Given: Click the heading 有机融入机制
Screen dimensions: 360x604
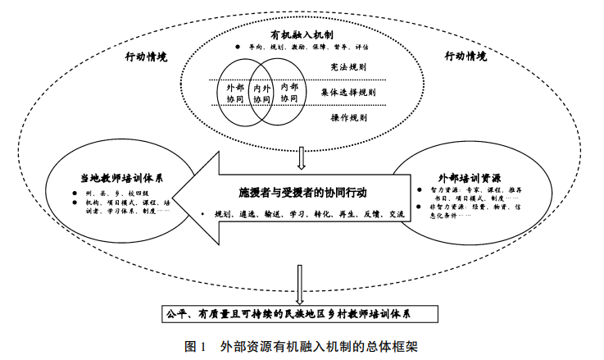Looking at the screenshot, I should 302,35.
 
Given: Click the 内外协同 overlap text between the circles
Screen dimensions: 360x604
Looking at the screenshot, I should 261,93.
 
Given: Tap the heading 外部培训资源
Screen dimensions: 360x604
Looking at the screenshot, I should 465,175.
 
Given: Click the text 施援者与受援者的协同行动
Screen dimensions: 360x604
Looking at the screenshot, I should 302,192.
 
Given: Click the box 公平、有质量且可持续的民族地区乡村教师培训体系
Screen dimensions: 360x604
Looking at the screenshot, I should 302,312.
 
